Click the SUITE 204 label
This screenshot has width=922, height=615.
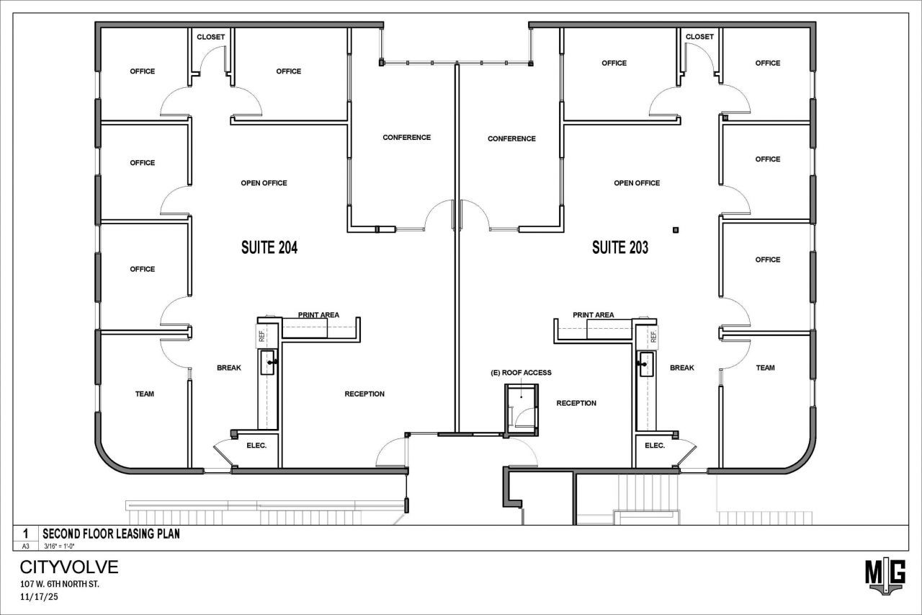click(x=269, y=247)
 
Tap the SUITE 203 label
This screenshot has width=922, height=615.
click(x=620, y=247)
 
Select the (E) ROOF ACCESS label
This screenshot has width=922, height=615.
click(x=521, y=372)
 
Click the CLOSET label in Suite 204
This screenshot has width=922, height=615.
click(x=211, y=37)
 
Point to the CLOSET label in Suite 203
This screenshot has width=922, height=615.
click(x=699, y=37)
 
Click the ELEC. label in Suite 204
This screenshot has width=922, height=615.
click(x=256, y=446)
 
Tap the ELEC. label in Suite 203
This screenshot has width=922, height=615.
click(x=655, y=446)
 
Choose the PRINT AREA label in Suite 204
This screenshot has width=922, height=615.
click(x=318, y=314)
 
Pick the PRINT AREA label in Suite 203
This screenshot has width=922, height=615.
click(x=593, y=314)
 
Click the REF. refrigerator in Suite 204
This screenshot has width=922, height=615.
click(x=261, y=336)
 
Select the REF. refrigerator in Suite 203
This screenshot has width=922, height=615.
click(x=653, y=337)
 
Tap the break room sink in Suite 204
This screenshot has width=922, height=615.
click(x=267, y=362)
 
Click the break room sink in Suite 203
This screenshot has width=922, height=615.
click(x=646, y=363)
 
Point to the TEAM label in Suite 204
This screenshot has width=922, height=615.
click(x=145, y=394)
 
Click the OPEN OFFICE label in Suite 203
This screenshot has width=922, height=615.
click(x=637, y=183)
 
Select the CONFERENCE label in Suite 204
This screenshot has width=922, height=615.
click(x=407, y=137)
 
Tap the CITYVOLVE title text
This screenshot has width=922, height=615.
click(x=69, y=567)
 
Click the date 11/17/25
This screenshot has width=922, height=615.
click(x=39, y=596)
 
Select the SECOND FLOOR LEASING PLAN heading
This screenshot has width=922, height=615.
click(x=111, y=534)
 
